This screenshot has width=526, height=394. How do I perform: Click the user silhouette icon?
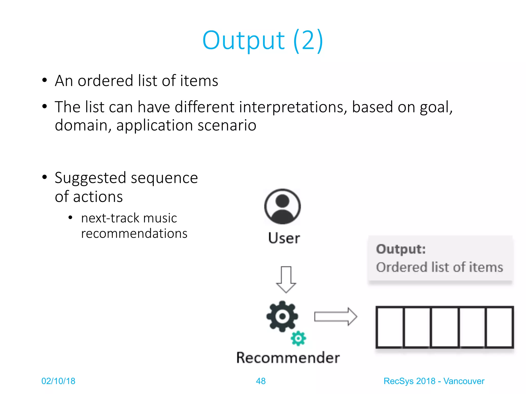tap(282, 207)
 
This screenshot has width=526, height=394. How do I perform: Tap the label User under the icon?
tap(284, 238)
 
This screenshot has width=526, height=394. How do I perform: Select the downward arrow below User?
tap(286, 280)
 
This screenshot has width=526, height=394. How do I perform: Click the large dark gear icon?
tap(282, 316)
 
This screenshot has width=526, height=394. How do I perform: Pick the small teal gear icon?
tap(298, 338)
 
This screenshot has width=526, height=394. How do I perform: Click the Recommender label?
tap(288, 358)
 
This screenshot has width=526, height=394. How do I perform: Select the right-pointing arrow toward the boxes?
tap(335, 317)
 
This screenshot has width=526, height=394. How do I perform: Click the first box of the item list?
tap(390, 327)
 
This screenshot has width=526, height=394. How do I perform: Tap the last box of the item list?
tap(499, 327)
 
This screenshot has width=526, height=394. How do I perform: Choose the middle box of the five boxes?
tap(445, 327)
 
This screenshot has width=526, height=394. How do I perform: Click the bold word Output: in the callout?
tap(401, 249)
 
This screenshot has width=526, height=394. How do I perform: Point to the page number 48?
tap(261, 381)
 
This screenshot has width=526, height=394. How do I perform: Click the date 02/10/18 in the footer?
tap(58, 381)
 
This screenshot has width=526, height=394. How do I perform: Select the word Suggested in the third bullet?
tap(90, 178)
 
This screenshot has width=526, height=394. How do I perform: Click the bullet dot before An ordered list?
tap(44, 80)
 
